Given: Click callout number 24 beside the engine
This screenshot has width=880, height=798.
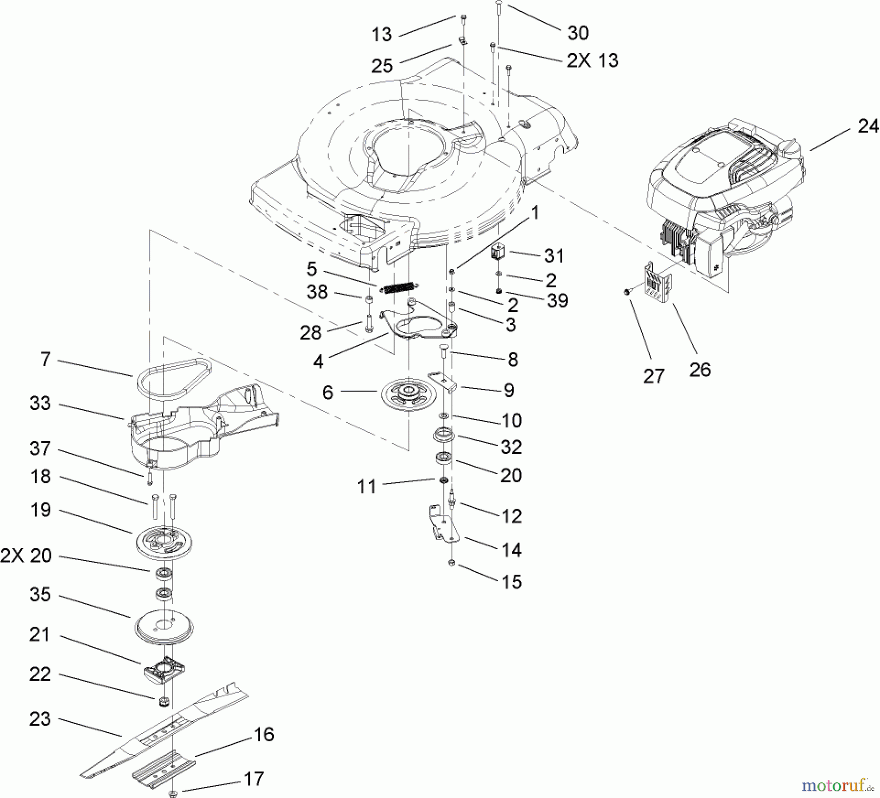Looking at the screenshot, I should pyautogui.click(x=868, y=127).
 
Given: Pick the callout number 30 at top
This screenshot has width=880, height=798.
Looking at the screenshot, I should pyautogui.click(x=577, y=33).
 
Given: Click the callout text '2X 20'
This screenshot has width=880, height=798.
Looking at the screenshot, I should pyautogui.click(x=26, y=556).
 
